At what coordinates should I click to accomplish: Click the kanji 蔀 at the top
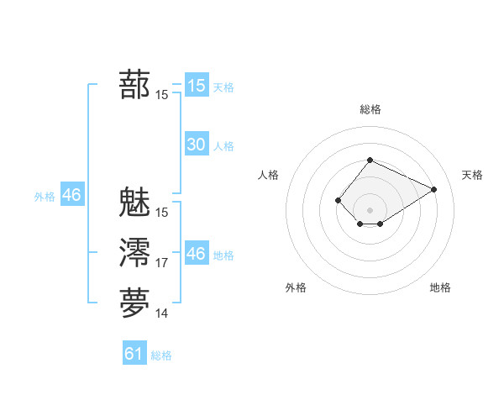pos(135,86)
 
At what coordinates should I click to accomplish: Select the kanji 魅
pos(135,203)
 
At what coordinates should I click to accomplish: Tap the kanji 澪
pos(135,253)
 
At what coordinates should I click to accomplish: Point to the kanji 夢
pos(135,303)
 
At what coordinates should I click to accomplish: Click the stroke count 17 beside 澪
pos(162,263)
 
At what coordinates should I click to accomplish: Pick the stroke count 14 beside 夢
pos(162,313)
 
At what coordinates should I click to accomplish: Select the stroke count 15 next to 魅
pos(162,213)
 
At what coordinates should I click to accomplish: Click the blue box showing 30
pos(196,145)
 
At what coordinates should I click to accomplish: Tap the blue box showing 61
pos(134,354)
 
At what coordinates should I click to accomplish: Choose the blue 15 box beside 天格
pos(196,86)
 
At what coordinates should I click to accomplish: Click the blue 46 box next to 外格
pos(71,195)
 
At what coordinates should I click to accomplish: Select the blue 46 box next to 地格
pos(196,254)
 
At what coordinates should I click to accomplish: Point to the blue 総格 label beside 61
pos(161,355)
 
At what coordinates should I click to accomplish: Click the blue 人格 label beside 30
pos(223,146)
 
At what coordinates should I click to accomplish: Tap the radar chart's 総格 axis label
pos(370,109)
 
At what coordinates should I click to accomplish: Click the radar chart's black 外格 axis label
pos(296,287)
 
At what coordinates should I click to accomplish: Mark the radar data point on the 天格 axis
pos(434,189)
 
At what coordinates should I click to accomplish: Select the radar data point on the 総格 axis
pos(370,161)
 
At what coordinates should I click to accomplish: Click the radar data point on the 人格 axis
pos(338,200)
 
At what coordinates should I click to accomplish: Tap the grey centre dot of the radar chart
pos(370,210)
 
